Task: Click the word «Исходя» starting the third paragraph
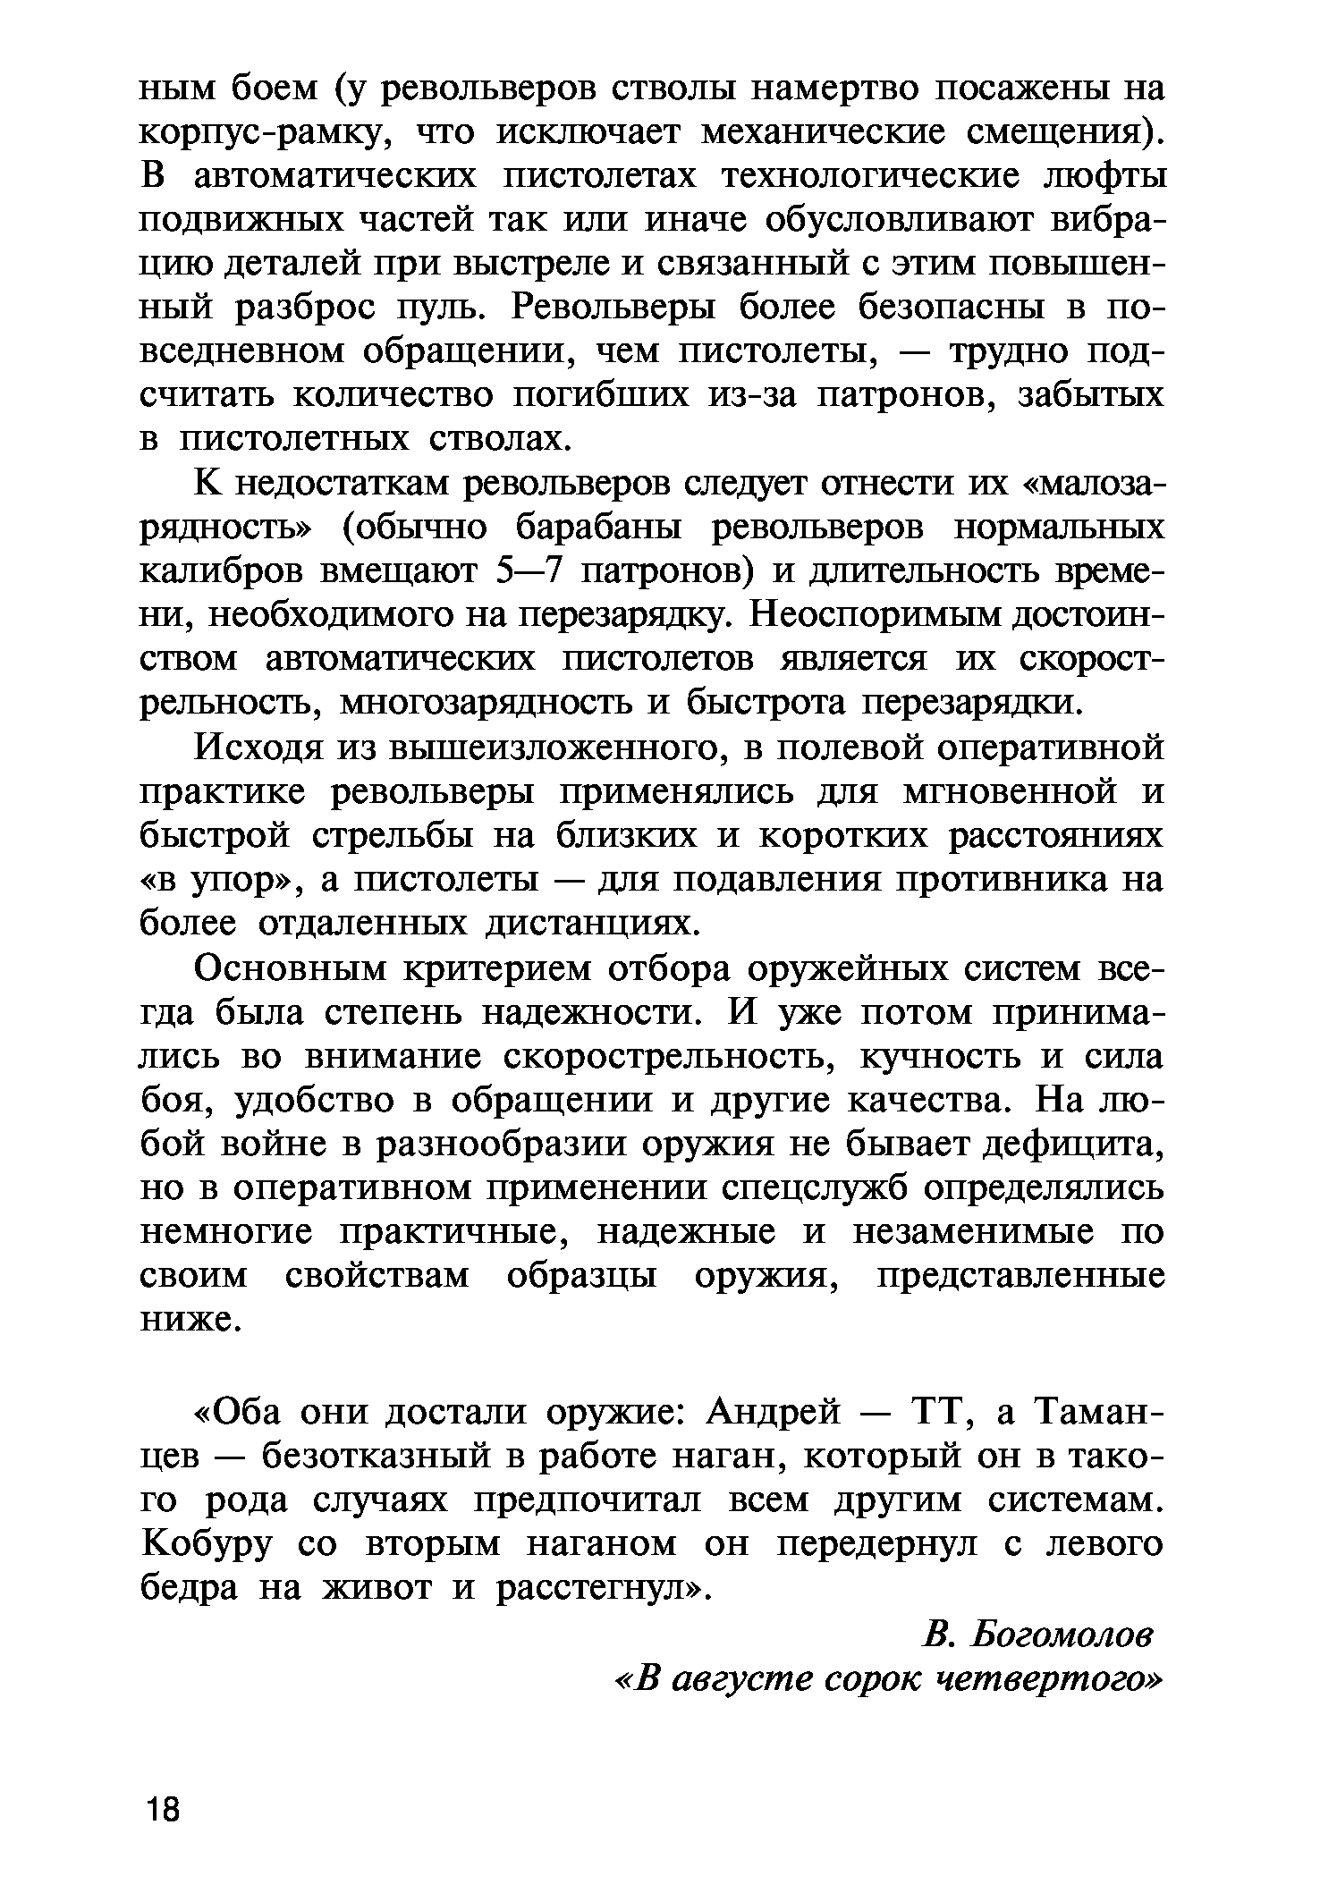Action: pyautogui.click(x=258, y=748)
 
